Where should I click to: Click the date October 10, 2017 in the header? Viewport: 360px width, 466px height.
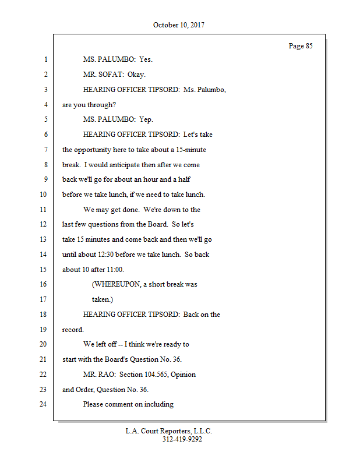click(x=179, y=25)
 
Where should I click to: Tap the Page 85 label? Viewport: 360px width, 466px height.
click(x=301, y=46)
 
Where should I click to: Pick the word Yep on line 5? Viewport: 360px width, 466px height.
click(x=146, y=119)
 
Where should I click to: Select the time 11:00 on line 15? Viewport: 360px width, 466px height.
click(x=114, y=270)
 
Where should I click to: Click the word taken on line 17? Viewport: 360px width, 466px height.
click(x=101, y=299)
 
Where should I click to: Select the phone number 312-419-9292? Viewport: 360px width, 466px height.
click(x=182, y=440)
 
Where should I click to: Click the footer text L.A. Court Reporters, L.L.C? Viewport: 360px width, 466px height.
click(x=169, y=432)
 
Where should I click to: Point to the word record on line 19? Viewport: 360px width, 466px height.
click(x=72, y=330)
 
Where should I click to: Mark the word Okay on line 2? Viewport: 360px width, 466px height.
click(x=136, y=75)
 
